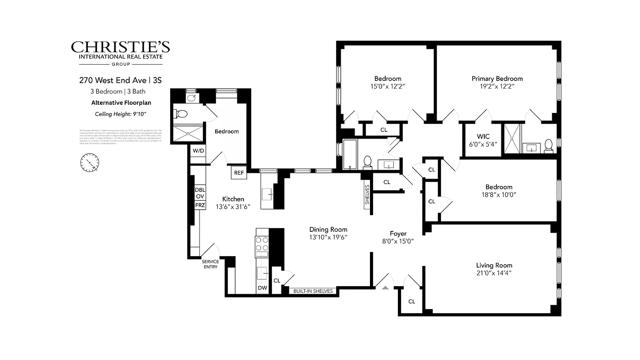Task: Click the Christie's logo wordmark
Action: click(x=120, y=47)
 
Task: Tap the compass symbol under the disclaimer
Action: click(x=90, y=162)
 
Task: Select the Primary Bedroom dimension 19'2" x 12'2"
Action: click(x=497, y=87)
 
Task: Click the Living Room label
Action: click(x=494, y=265)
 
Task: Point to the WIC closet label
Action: click(x=482, y=137)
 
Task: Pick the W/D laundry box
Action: click(x=198, y=150)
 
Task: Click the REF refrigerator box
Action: click(x=239, y=173)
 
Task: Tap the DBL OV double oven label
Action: click(x=200, y=193)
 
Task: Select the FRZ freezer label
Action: click(x=200, y=205)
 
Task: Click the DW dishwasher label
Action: click(x=262, y=288)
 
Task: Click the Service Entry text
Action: click(x=210, y=264)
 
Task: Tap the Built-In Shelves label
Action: click(x=313, y=291)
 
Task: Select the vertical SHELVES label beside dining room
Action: click(x=367, y=194)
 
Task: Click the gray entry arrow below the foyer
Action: click(x=385, y=287)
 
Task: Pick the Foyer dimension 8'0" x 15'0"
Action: click(x=398, y=241)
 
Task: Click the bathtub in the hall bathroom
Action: click(x=350, y=154)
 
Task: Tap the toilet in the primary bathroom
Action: click(x=548, y=145)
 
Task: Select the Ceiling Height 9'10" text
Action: click(x=121, y=113)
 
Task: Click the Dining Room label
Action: click(x=328, y=229)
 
